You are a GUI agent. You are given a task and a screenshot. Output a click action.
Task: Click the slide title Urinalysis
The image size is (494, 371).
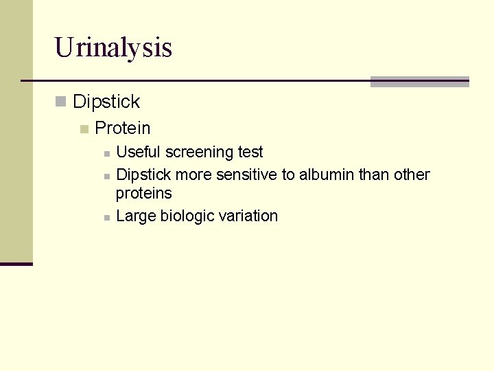113,48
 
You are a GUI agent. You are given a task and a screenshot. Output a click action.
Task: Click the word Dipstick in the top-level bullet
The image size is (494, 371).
106,102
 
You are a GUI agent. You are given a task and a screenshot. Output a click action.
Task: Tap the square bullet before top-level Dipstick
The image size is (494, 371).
61,102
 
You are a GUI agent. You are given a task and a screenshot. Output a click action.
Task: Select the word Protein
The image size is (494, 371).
122,128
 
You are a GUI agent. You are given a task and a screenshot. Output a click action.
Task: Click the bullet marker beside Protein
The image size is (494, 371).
84,129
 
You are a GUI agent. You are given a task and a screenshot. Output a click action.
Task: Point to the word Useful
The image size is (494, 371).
136,152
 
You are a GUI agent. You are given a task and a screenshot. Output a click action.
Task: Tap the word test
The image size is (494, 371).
250,152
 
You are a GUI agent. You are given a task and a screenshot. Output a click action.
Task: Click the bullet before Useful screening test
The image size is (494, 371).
106,153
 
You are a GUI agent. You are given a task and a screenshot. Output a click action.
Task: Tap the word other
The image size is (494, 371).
412,175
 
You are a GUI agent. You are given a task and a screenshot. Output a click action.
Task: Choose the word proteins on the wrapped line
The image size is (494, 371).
143,194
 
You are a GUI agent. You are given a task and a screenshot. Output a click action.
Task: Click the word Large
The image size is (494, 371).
136,216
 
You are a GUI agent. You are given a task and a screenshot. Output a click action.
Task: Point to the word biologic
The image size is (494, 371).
187,216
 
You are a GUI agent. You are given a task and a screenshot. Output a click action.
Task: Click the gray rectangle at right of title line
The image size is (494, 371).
419,82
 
